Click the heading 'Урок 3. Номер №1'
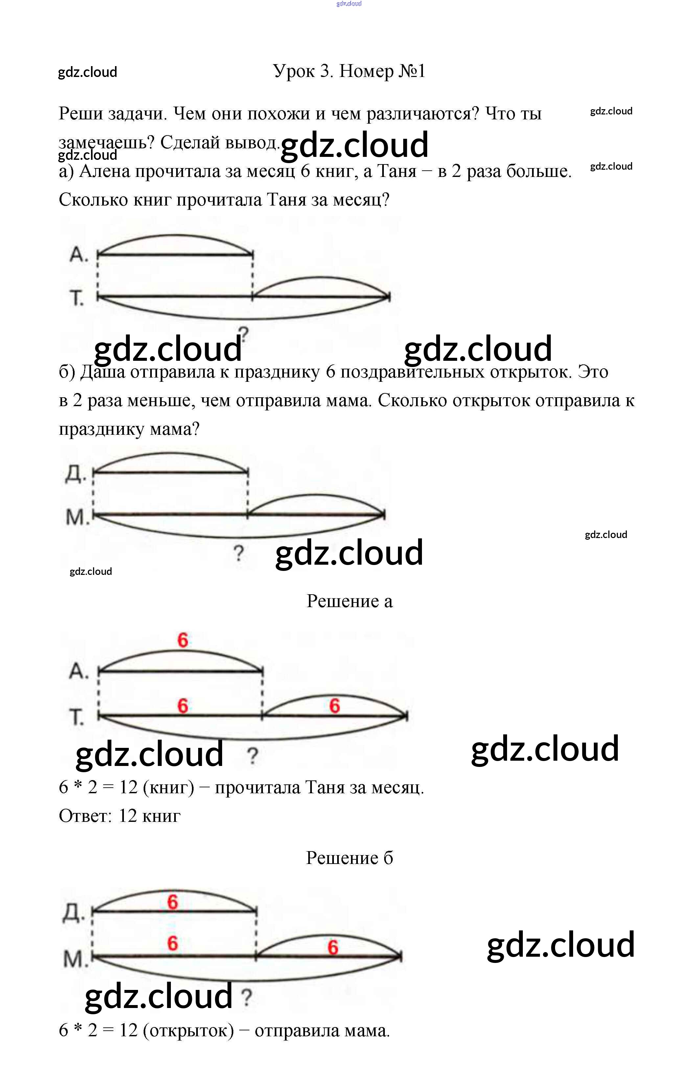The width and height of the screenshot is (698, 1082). click(x=349, y=71)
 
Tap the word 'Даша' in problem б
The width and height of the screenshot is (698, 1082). click(x=103, y=372)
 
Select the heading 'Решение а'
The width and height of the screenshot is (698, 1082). click(x=349, y=601)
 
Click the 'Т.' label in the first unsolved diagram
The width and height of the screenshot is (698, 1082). click(x=77, y=298)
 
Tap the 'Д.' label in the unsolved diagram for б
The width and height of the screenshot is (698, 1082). click(x=75, y=474)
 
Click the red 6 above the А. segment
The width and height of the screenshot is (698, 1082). click(x=183, y=640)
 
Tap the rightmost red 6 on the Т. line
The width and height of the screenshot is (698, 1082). click(x=335, y=706)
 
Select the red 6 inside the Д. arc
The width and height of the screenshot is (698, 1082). click(x=172, y=902)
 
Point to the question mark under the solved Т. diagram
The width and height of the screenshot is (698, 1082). click(x=252, y=756)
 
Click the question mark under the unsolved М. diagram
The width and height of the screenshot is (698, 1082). click(x=239, y=554)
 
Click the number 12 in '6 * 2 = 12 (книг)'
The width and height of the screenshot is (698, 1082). click(x=128, y=788)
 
